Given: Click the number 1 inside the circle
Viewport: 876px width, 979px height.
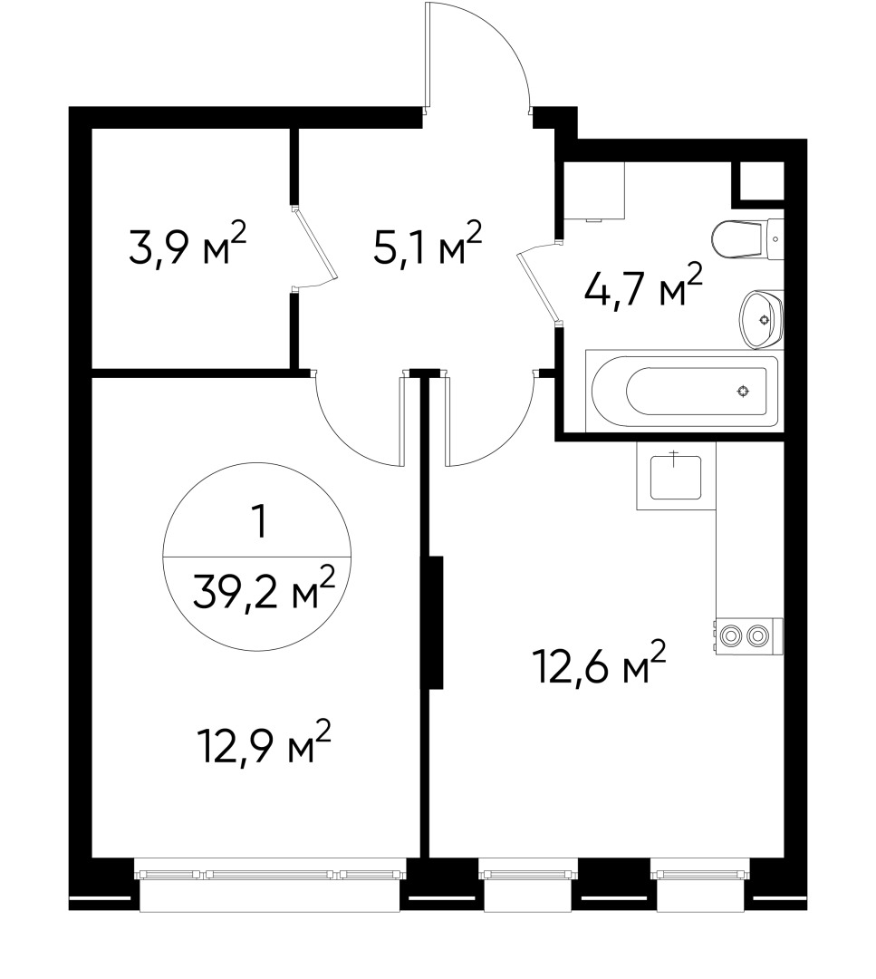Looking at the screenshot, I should click(x=261, y=523).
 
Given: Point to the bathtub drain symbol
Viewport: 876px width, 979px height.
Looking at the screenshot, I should click(x=743, y=392).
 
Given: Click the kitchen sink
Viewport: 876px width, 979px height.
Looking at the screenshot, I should click(x=676, y=478).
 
